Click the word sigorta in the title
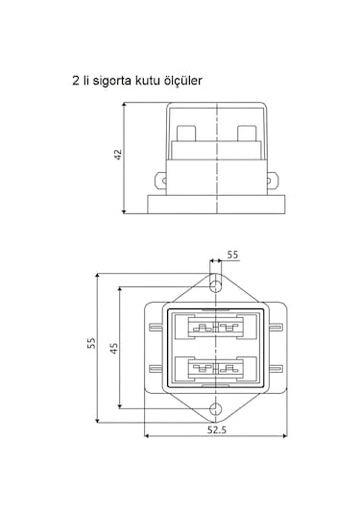111,81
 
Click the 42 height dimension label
118,155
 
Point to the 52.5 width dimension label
217,429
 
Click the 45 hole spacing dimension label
113,348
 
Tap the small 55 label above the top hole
232,255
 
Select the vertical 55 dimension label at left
91,343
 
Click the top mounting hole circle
215,286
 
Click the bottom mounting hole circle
215,408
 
